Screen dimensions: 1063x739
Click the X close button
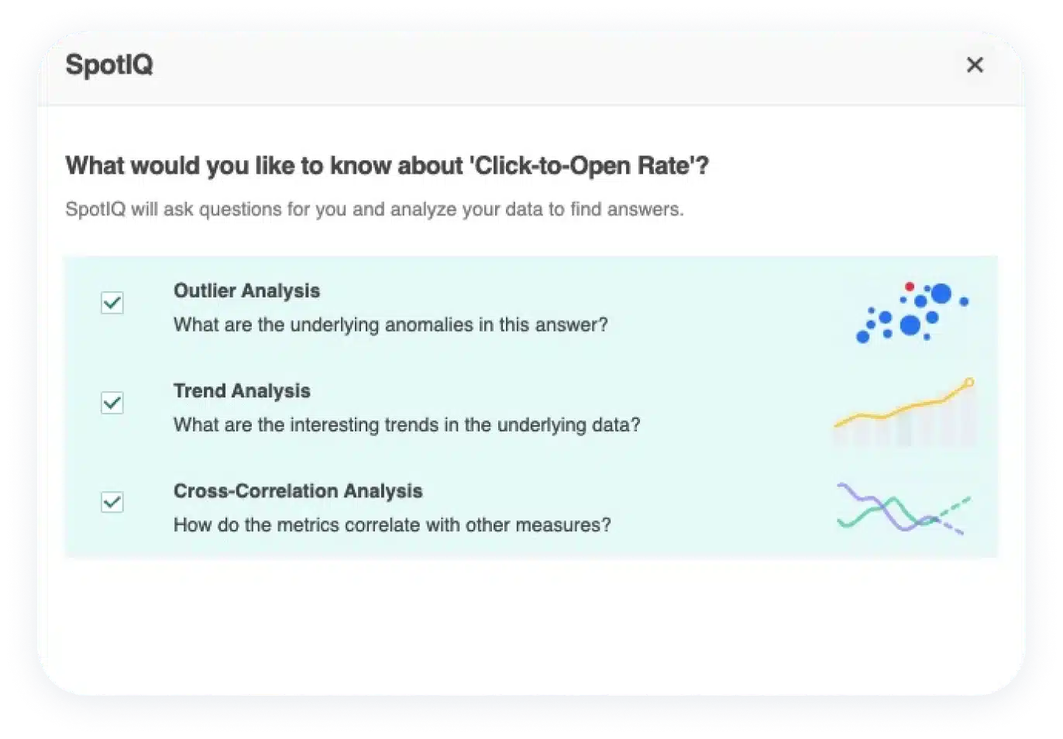(975, 64)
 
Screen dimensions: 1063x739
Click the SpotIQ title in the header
(109, 64)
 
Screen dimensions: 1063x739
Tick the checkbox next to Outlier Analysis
(112, 303)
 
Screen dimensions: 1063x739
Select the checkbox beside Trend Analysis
(112, 403)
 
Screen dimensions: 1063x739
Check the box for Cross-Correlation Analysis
(112, 502)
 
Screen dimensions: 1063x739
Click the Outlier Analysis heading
(246, 290)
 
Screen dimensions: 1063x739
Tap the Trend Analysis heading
(242, 391)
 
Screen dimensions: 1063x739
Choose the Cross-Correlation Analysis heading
(298, 491)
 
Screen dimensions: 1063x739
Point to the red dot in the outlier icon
(910, 287)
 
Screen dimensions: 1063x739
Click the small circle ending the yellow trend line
(969, 383)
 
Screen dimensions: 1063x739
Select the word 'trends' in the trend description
(411, 425)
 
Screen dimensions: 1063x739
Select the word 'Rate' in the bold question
(663, 166)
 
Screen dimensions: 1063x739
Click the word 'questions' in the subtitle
(240, 210)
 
